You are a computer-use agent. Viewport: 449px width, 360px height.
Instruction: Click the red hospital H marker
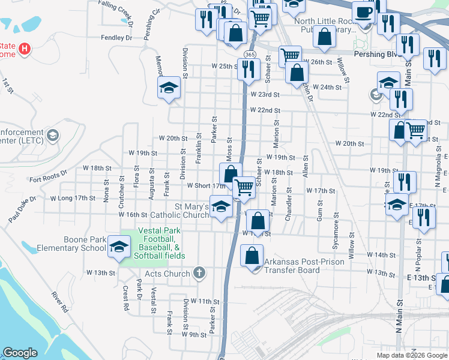25,48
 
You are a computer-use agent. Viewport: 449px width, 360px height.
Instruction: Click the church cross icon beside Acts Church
200,273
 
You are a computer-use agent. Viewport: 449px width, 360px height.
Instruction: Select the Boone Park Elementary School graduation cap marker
119,247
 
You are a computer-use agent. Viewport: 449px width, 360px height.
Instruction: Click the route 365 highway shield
248,55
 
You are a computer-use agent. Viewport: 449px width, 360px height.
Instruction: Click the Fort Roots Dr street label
49,179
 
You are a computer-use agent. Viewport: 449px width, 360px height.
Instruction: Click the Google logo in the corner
20,353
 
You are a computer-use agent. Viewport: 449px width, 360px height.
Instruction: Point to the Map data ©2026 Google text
411,355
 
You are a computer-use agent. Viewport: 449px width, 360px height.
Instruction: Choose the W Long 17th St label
73,198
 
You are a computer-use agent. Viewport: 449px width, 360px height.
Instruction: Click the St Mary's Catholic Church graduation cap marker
221,207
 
